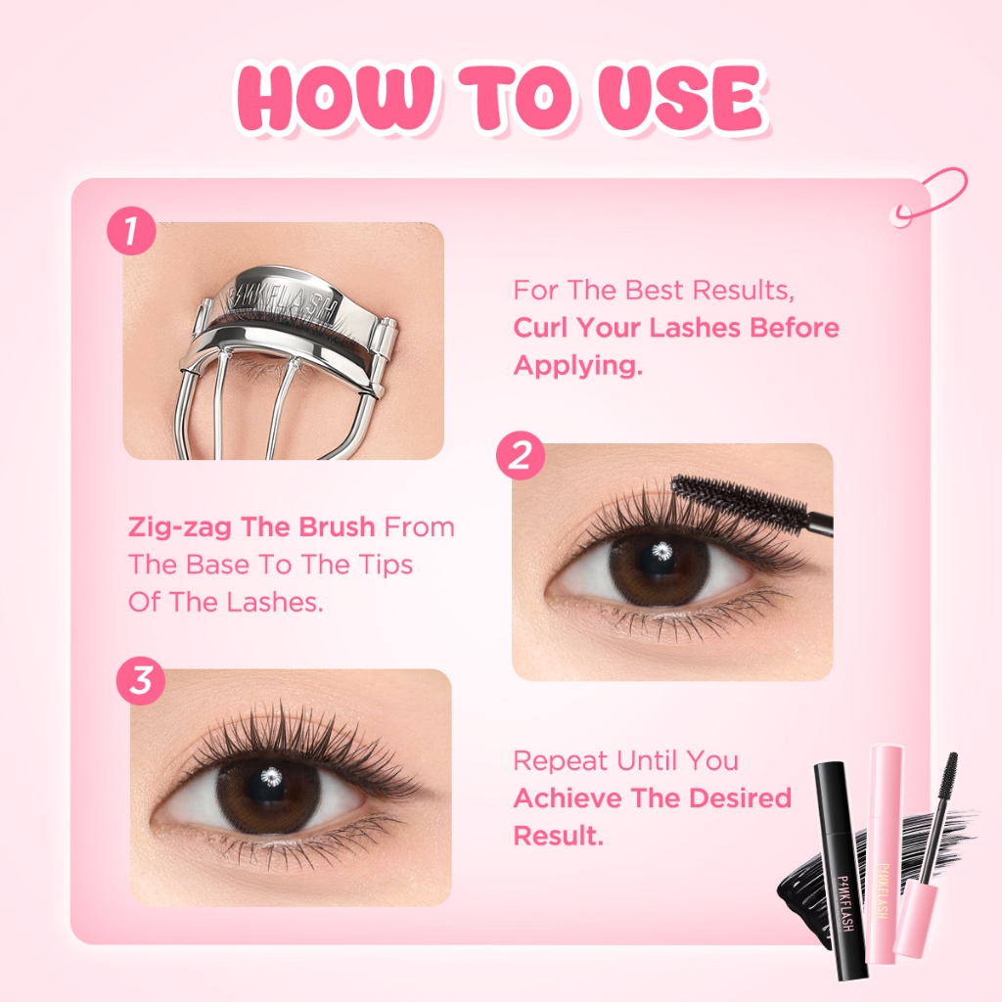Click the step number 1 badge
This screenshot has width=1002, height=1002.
(131, 232)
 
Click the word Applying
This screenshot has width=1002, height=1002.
(572, 365)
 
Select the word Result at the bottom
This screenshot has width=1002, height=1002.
(555, 835)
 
